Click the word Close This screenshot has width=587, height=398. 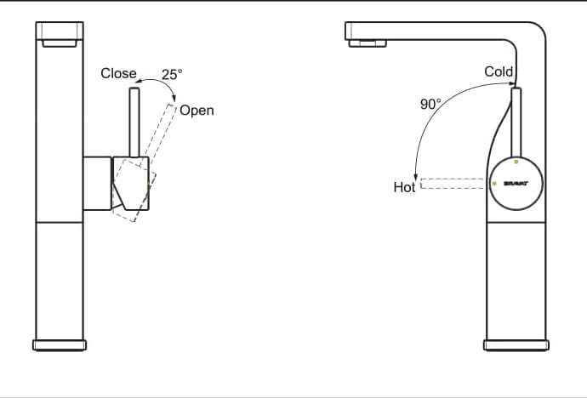(118, 73)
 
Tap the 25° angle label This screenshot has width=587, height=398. (172, 75)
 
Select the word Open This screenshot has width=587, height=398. (197, 111)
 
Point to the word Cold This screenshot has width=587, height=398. (499, 71)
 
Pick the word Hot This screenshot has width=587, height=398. (404, 187)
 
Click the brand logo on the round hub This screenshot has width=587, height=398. (516, 183)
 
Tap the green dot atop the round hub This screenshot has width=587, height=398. (516, 162)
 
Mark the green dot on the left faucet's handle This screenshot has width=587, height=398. (150, 180)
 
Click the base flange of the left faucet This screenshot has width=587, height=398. (60, 344)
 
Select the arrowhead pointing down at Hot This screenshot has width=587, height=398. (415, 175)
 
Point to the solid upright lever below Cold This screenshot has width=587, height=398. (516, 123)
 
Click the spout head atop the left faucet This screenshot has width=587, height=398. (60, 34)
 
